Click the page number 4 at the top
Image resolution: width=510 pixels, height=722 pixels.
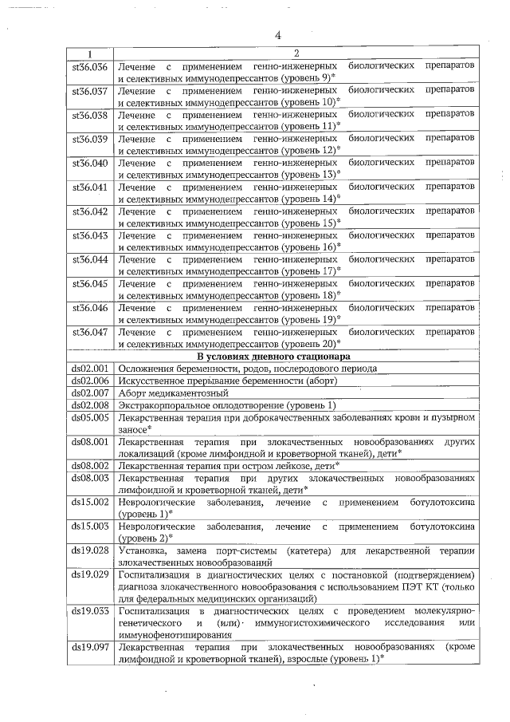click(278, 35)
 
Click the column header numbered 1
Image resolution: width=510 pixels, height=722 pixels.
click(89, 53)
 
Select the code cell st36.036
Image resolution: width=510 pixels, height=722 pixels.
click(90, 65)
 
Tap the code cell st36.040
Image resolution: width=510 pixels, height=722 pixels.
click(90, 163)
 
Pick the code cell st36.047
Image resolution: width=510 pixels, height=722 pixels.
click(90, 330)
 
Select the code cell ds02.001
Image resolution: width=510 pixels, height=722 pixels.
click(90, 368)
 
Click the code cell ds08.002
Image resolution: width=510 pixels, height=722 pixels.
click(90, 464)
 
